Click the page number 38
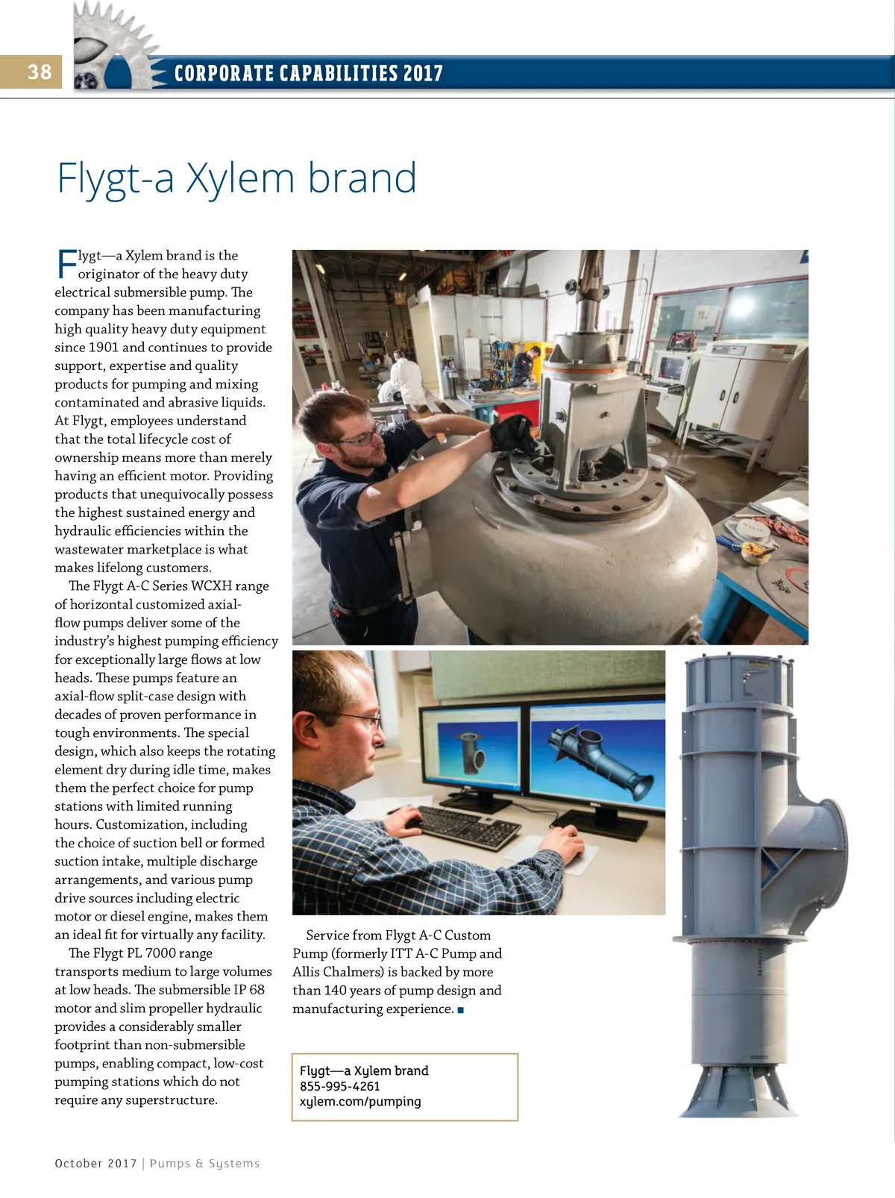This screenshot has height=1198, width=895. (40, 72)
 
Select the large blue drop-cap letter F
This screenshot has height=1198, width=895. (66, 264)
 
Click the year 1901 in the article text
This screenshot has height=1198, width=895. (103, 348)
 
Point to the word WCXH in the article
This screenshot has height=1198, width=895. (211, 586)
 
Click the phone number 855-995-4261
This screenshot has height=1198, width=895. (339, 1086)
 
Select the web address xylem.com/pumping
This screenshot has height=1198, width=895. (360, 1102)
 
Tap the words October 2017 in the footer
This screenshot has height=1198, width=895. (95, 1164)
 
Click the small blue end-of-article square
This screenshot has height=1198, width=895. (461, 1010)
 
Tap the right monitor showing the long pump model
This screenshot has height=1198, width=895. (597, 753)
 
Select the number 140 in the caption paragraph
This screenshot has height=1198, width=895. (335, 991)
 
